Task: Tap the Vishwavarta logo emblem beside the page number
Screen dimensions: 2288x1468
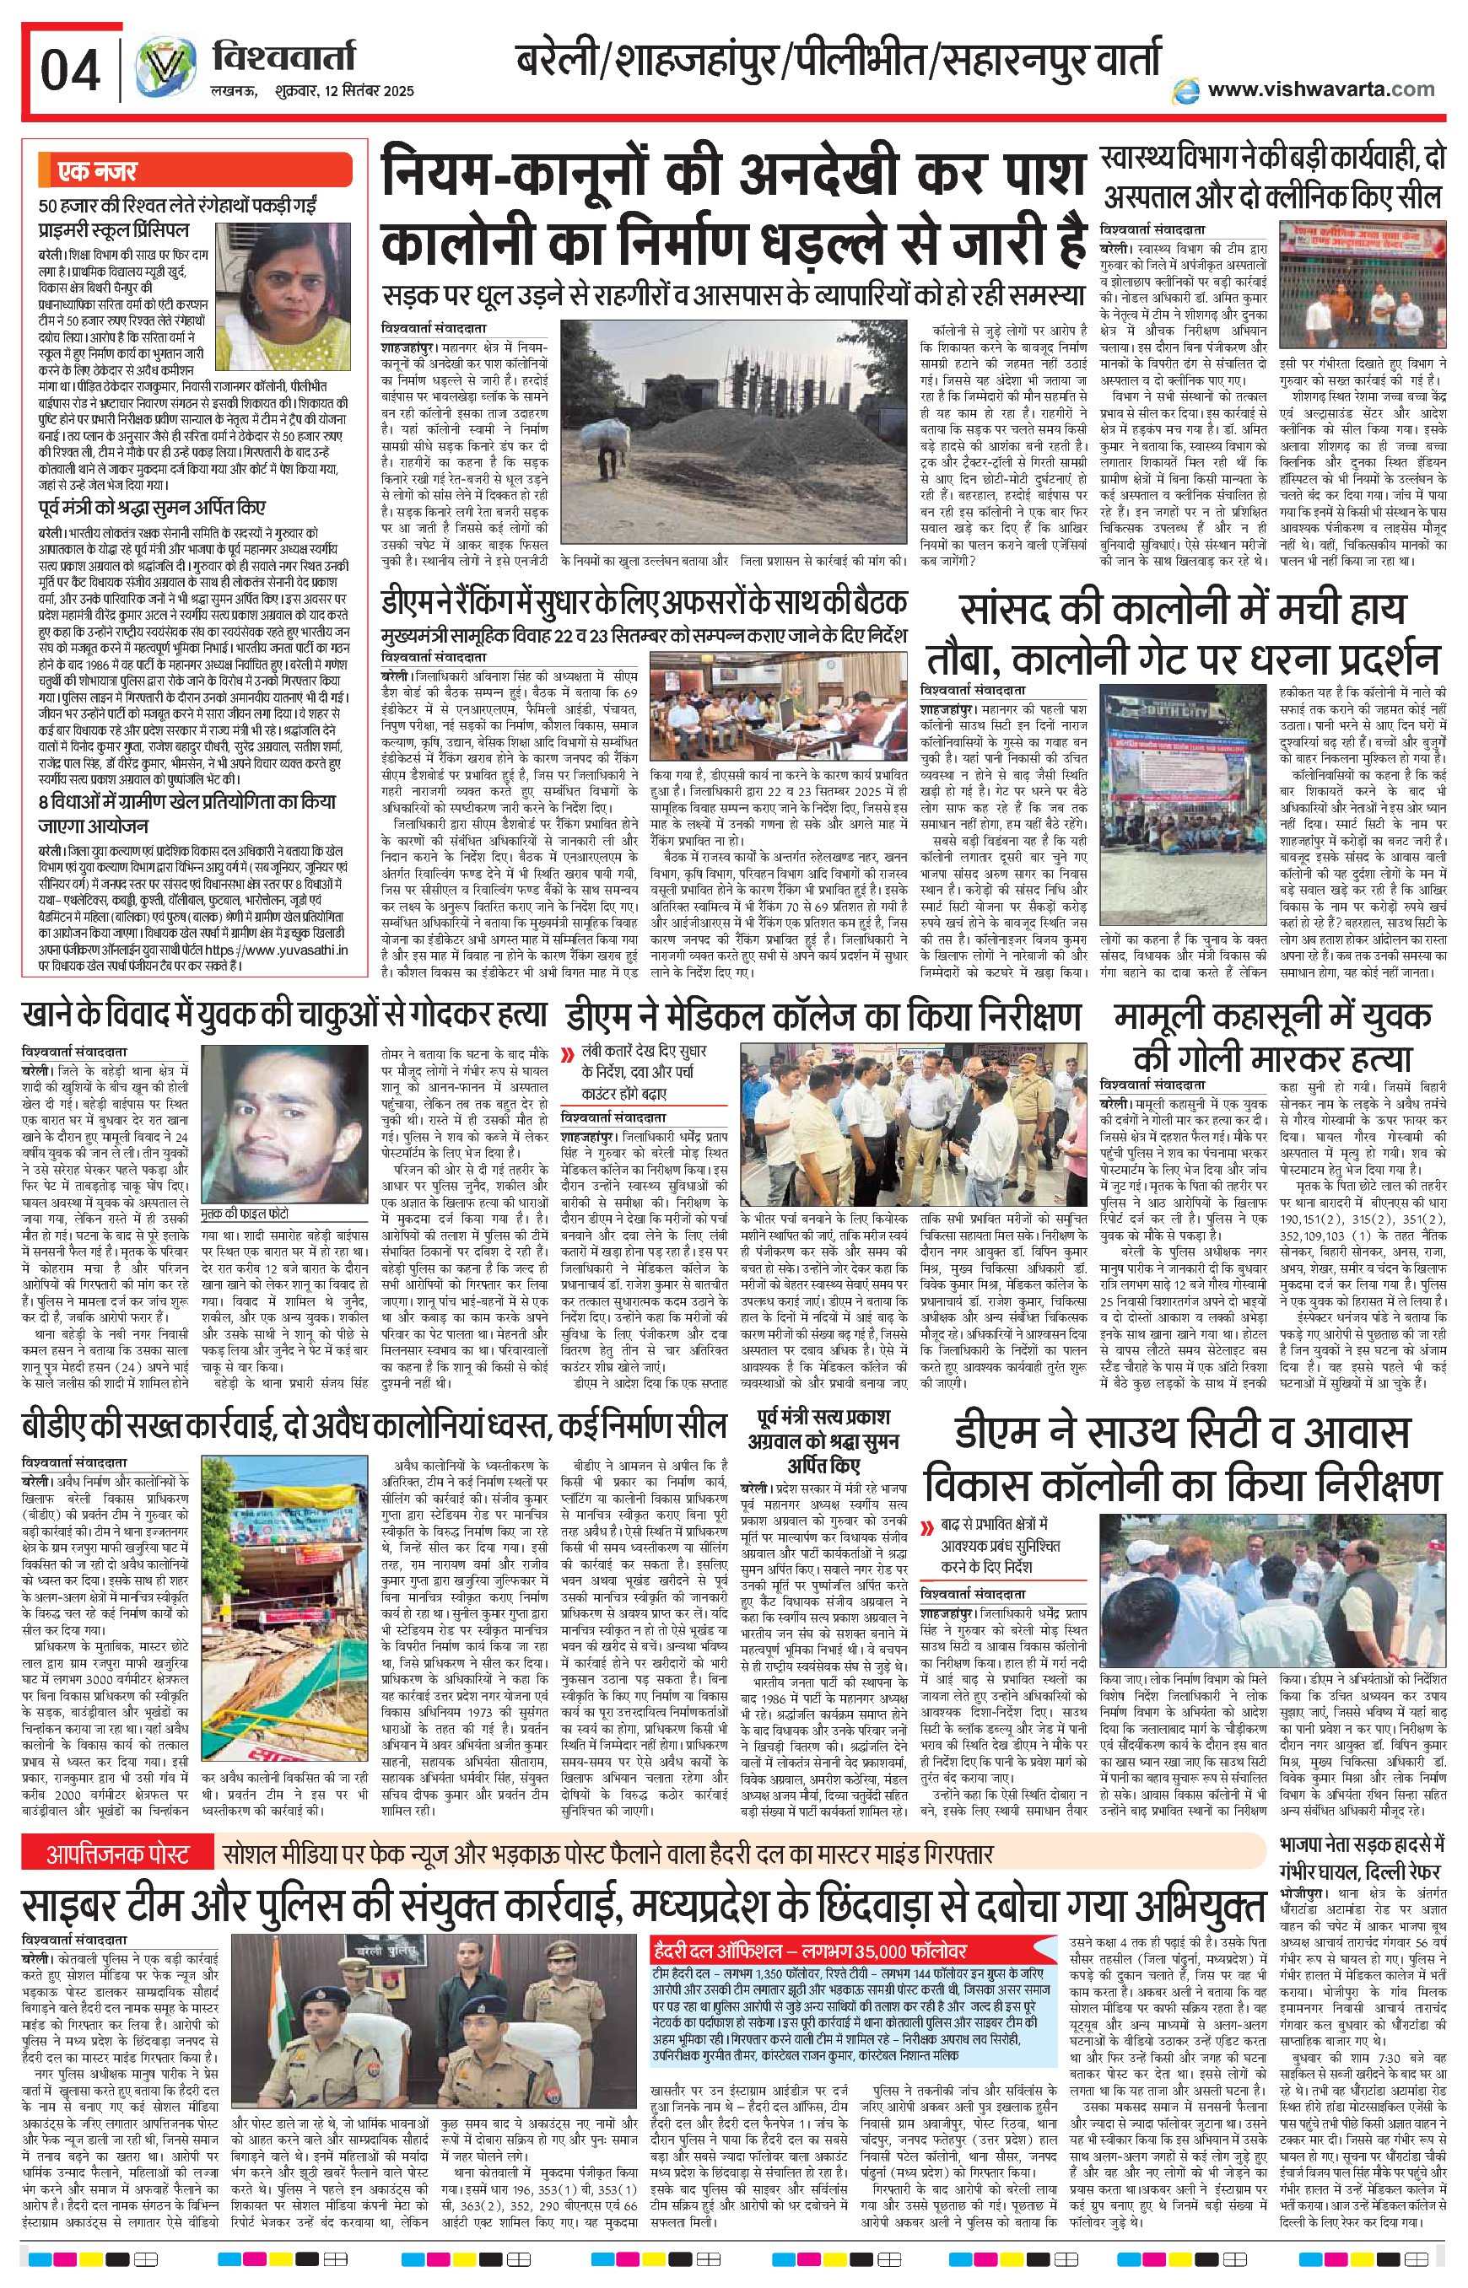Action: click(x=159, y=72)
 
